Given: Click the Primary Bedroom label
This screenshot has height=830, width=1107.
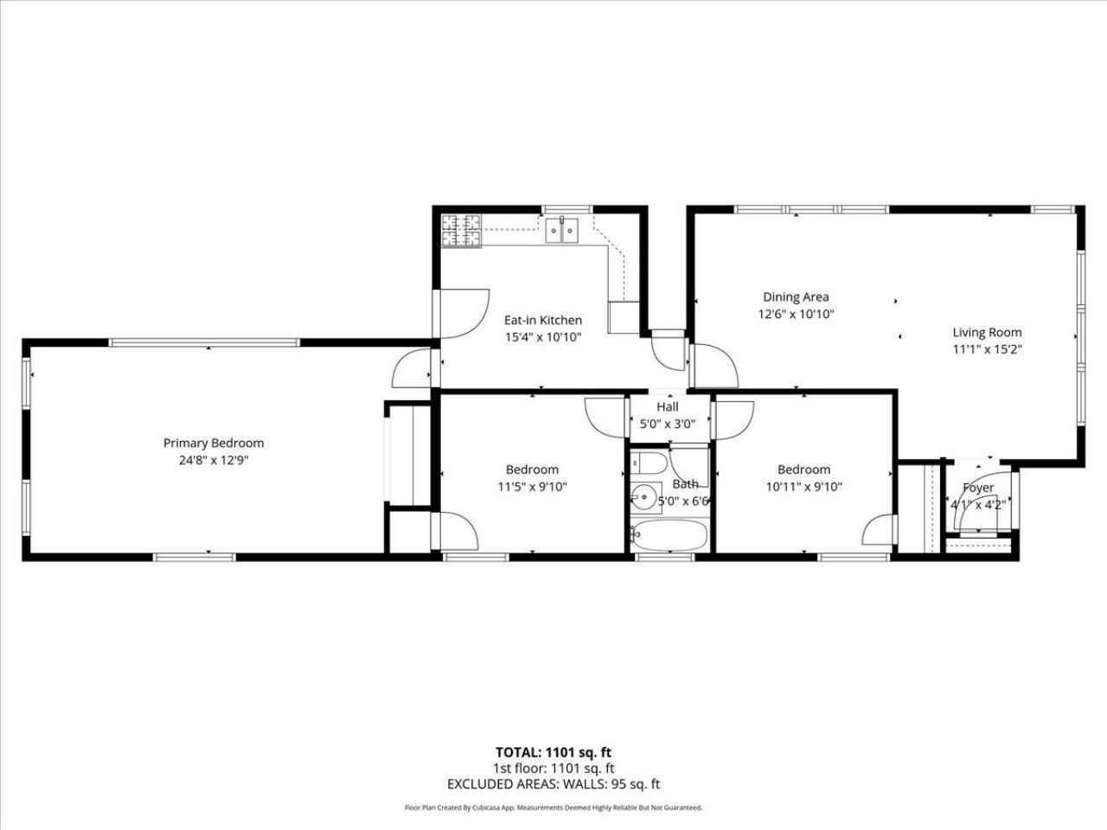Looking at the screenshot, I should pos(214,443).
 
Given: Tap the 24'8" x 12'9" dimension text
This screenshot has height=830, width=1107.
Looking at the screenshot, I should pos(214,461).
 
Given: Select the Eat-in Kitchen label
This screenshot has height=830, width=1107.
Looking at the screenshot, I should pos(543,320).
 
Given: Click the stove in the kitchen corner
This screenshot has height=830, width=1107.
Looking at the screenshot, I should pos(461,231).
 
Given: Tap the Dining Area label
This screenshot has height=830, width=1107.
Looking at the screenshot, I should pos(796,297).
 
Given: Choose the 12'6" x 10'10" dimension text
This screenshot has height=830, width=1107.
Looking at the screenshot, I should pos(796,315).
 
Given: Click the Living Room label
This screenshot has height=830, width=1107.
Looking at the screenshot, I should pos(987,332).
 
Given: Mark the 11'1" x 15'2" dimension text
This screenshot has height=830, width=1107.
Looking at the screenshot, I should pos(987,350).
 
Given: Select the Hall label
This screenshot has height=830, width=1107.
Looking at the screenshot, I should pos(667,406).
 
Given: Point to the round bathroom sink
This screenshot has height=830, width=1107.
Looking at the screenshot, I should pos(643,496).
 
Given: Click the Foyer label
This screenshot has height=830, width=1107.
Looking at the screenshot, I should pos(978,488).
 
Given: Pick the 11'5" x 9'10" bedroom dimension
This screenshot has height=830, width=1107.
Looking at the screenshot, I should pos(532,487).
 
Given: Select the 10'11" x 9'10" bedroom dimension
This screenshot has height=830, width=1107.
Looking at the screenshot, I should pos(803,487).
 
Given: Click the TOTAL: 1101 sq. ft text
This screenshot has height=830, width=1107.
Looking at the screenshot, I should pos(553,752).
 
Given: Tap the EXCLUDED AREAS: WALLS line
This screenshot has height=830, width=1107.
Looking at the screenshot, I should pos(553,784).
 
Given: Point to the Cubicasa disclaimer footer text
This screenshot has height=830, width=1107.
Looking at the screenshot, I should pos(553,808).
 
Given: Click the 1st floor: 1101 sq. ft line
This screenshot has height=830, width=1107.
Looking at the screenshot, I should pos(553,768).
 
